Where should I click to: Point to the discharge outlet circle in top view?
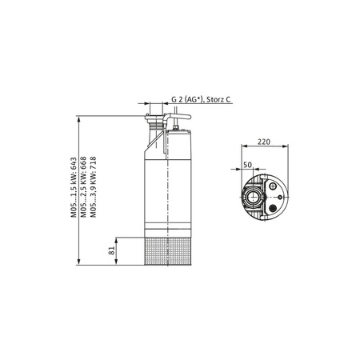[254, 194]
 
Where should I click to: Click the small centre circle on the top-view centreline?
[276, 194]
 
